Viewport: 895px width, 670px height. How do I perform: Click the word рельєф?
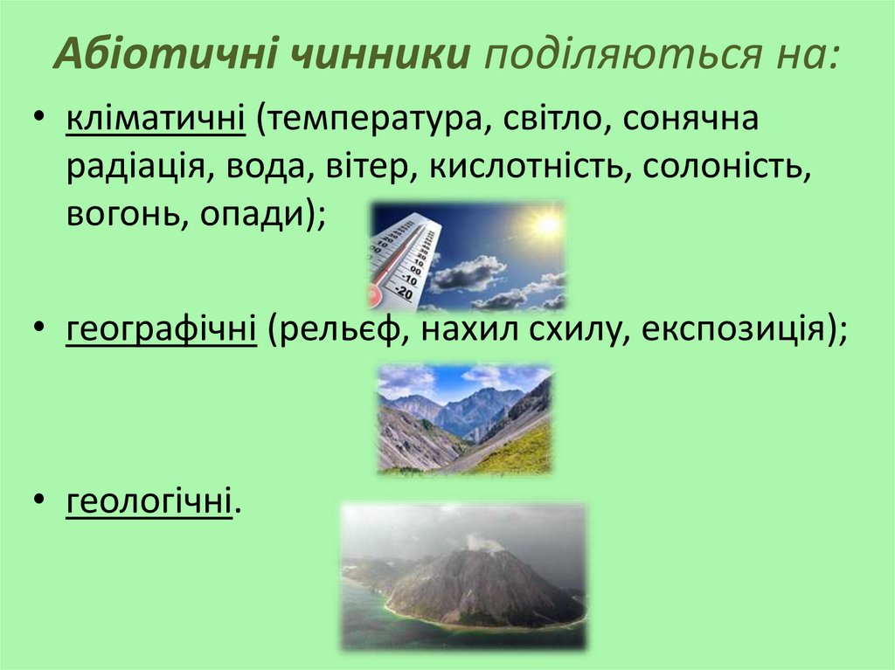328,331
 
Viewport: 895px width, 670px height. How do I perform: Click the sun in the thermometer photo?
546,225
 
